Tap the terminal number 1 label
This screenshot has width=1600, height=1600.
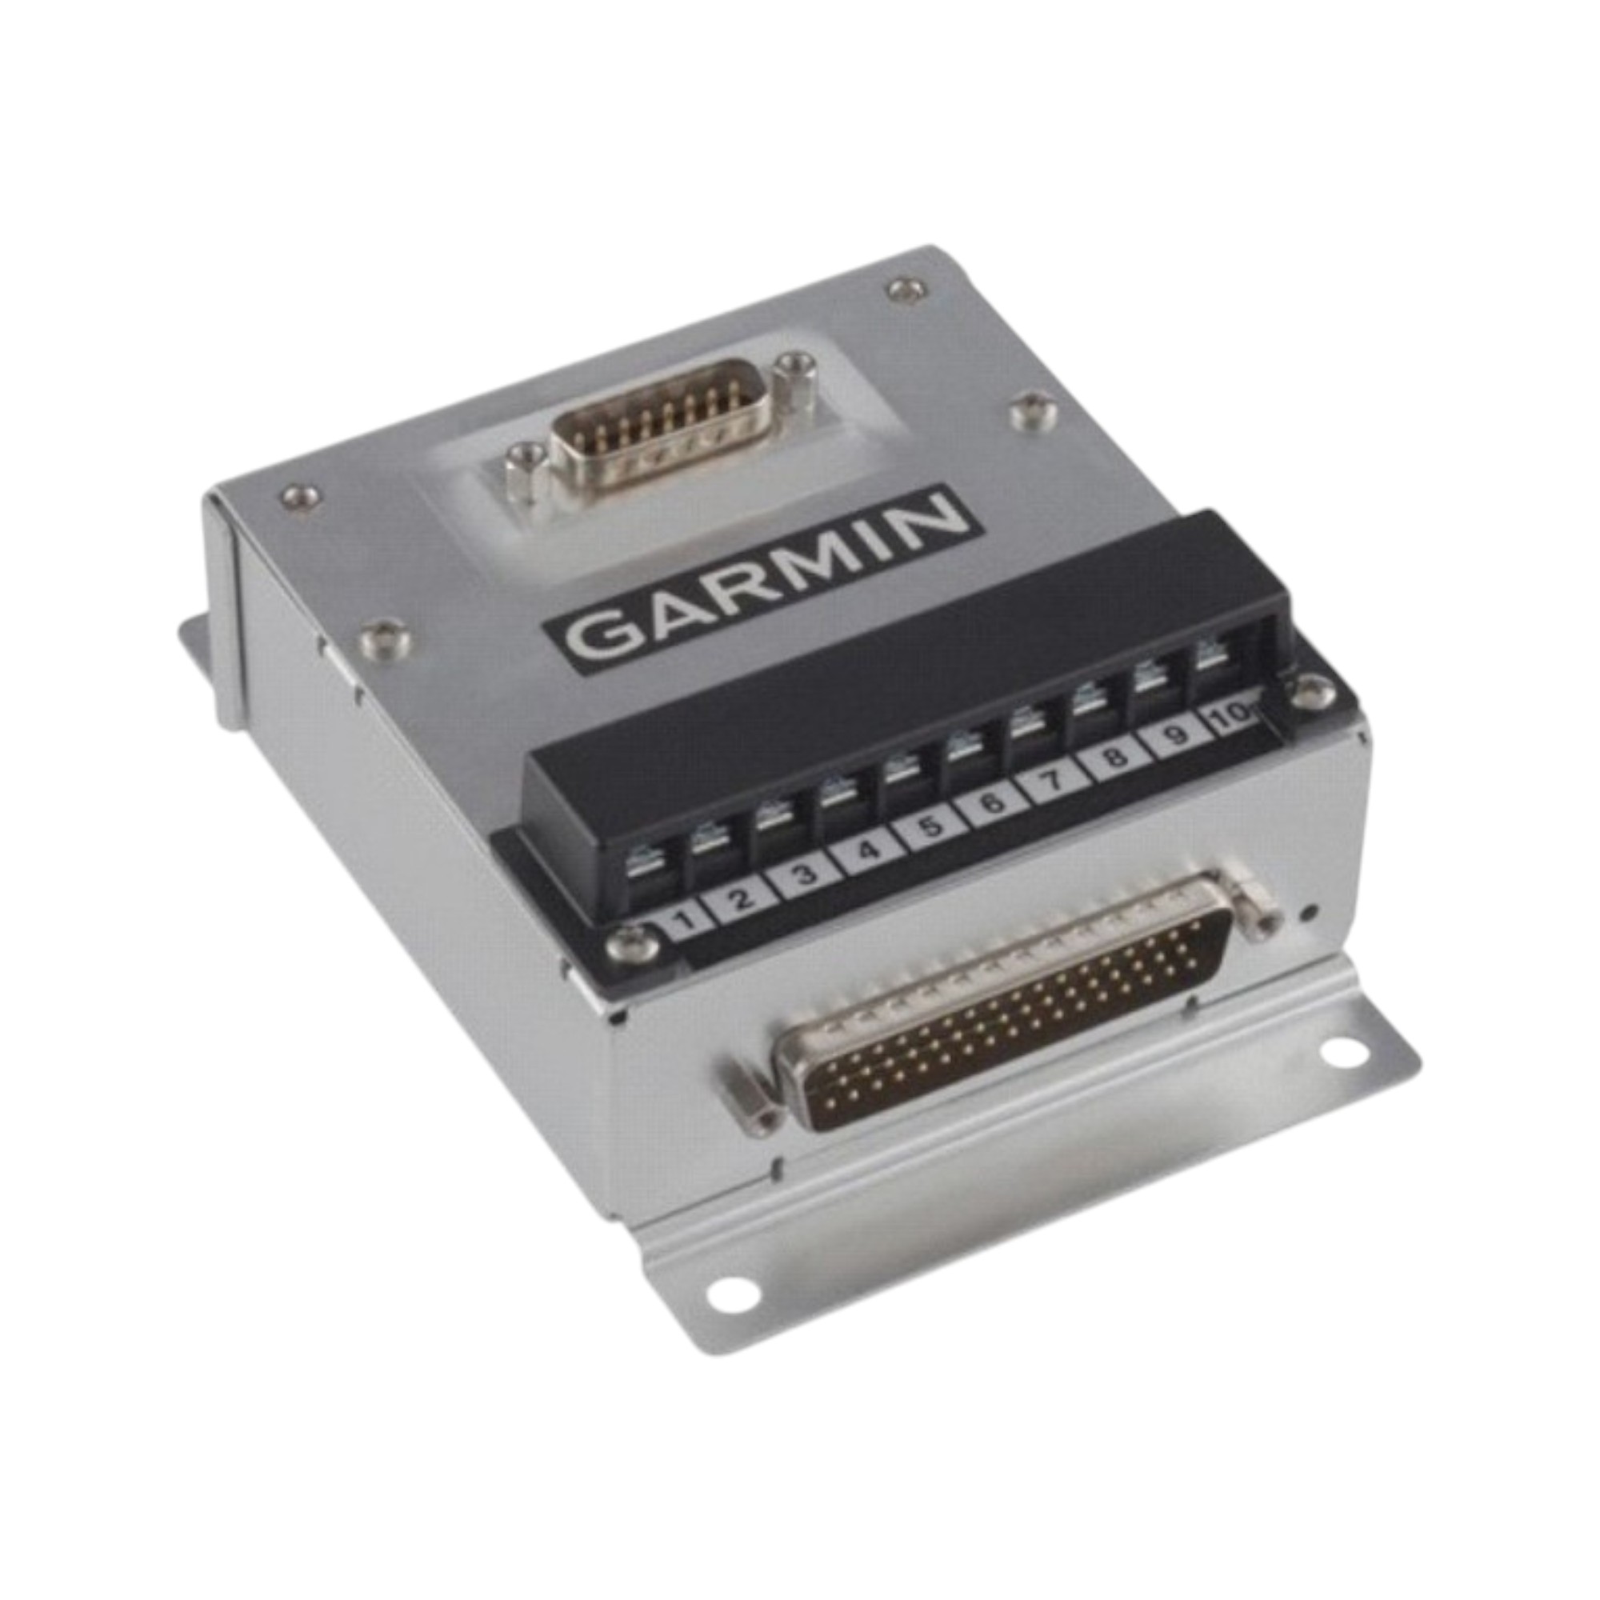tap(684, 920)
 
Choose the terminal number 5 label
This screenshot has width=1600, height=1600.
tap(931, 826)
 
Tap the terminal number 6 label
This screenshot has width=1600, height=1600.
tap(993, 802)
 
